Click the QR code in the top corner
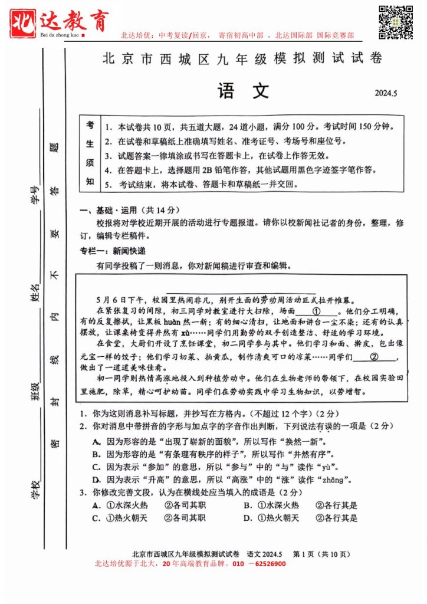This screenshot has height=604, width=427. [x=395, y=22]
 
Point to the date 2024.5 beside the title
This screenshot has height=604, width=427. [x=387, y=93]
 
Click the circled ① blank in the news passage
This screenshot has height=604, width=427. [x=316, y=311]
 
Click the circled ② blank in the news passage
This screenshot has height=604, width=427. [x=373, y=357]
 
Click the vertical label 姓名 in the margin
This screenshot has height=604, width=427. [x=35, y=293]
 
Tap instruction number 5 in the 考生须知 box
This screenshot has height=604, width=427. [x=109, y=184]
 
